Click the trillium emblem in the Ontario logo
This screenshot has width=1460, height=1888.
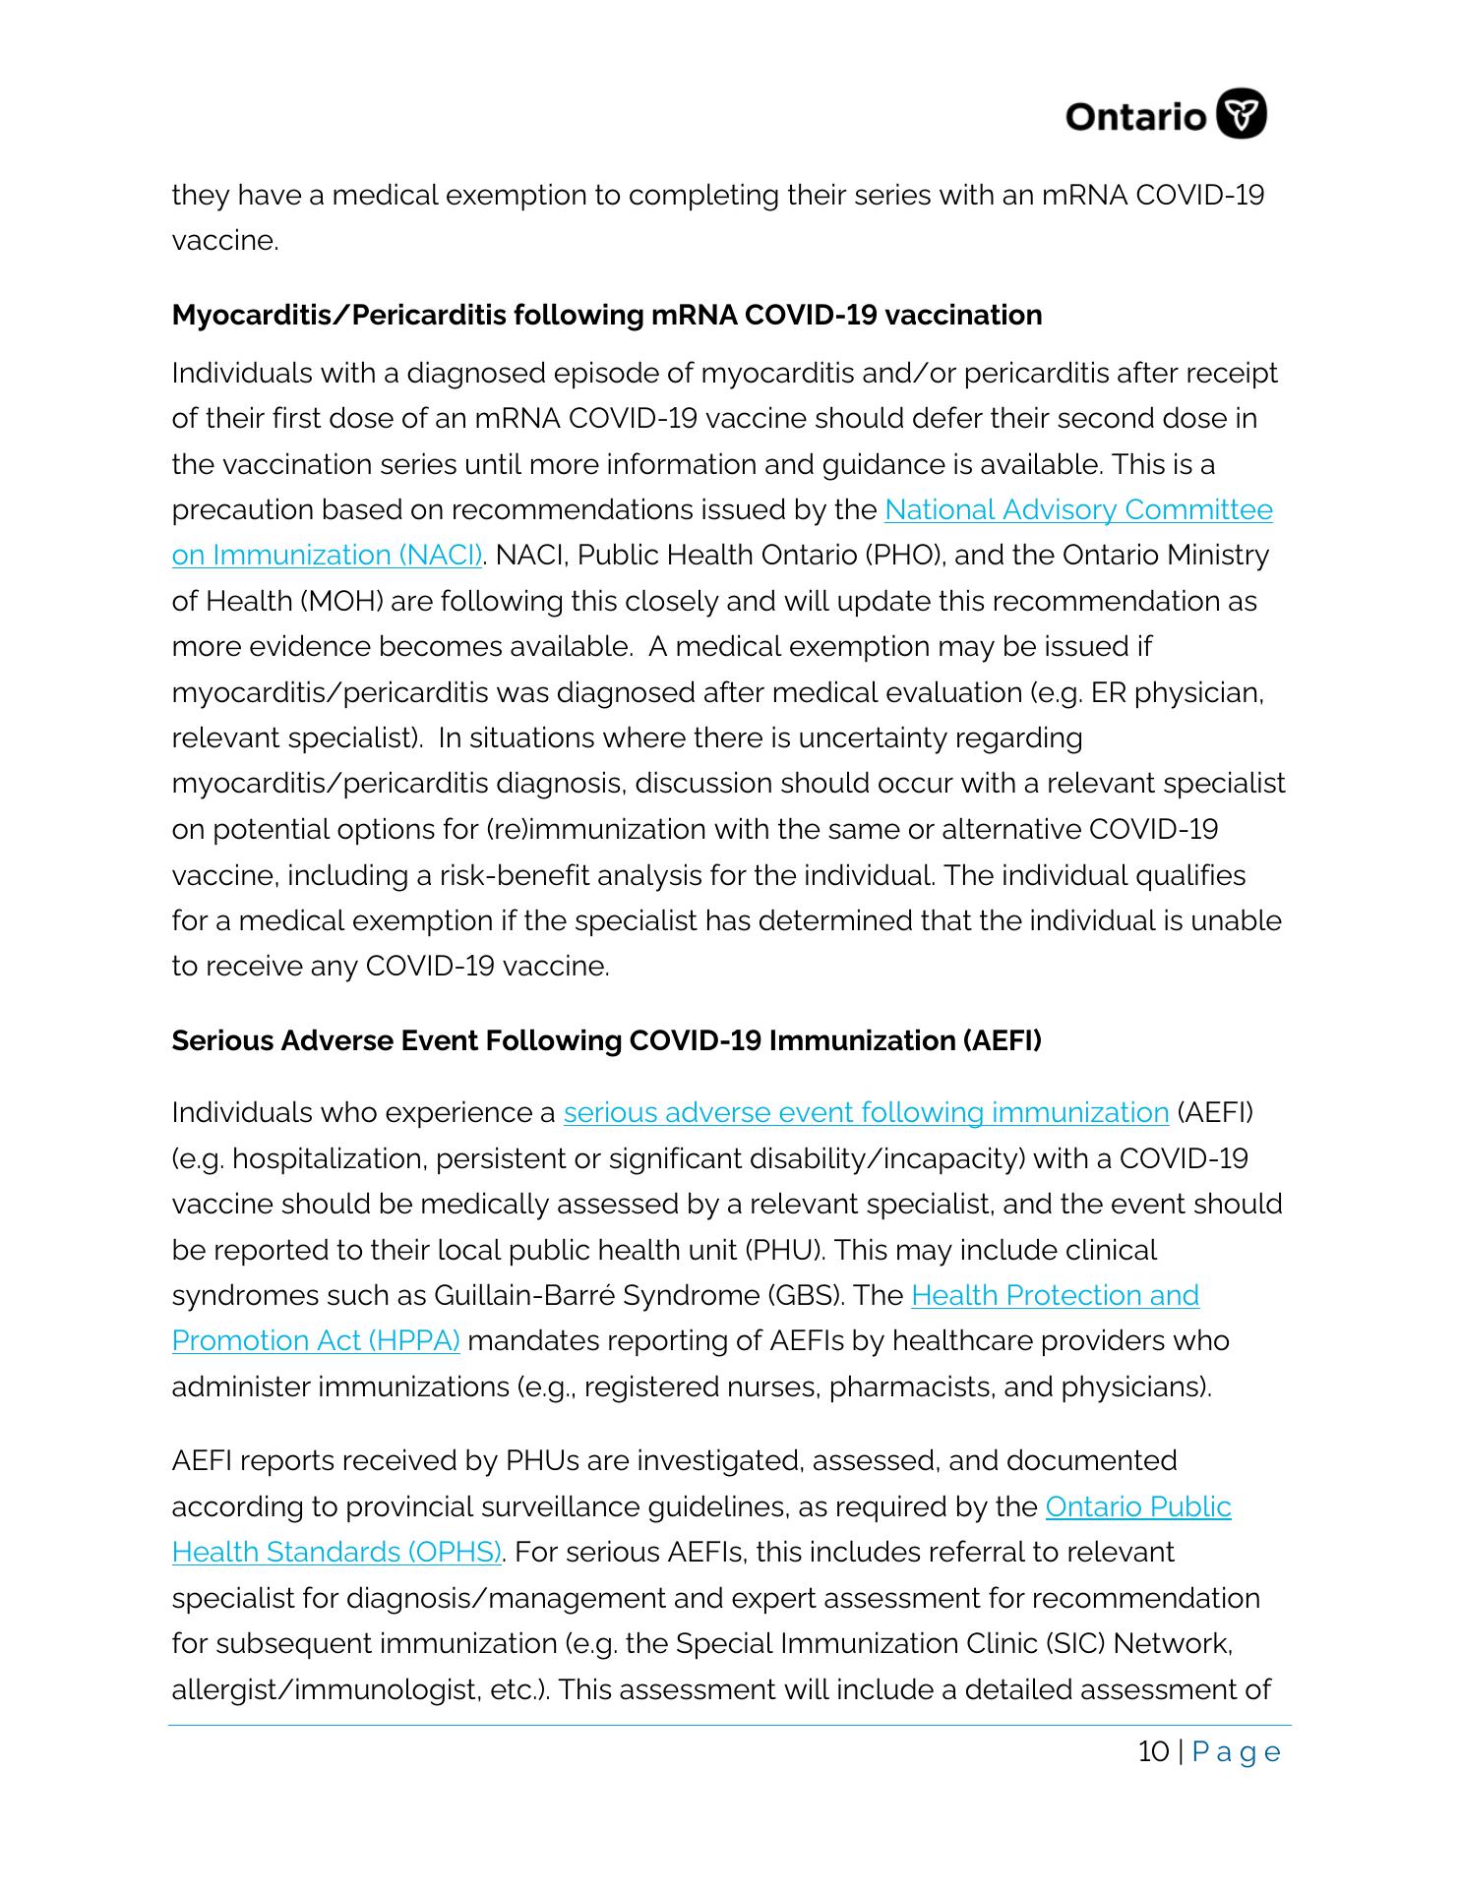click(x=1242, y=115)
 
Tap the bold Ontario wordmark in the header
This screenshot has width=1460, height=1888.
click(x=1135, y=117)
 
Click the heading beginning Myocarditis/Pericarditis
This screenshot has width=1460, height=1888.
click(x=606, y=315)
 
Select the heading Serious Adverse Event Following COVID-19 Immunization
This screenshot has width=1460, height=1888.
click(x=606, y=1040)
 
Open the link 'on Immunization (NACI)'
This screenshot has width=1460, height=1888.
click(x=327, y=556)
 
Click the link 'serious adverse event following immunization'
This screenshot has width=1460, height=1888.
click(x=866, y=1113)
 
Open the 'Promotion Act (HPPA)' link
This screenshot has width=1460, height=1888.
click(x=316, y=1341)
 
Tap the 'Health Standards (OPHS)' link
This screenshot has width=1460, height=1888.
click(x=337, y=1553)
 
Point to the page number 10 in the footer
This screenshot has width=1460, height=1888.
click(x=1154, y=1752)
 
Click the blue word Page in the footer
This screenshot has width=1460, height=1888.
click(x=1237, y=1752)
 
